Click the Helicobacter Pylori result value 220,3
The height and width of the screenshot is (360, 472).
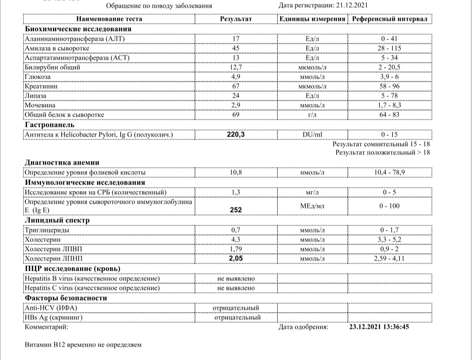236,135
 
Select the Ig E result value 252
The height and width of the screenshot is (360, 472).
236,210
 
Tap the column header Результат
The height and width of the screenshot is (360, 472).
236,20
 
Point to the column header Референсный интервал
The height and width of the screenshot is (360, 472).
390,20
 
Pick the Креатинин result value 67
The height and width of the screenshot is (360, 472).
236,86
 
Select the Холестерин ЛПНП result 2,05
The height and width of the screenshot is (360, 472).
236,259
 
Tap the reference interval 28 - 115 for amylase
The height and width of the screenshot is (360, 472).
390,48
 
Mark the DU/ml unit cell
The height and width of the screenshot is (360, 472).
312,135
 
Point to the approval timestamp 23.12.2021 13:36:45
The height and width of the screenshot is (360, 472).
380,326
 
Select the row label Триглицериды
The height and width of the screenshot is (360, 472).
47,230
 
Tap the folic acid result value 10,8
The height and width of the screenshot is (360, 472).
236,173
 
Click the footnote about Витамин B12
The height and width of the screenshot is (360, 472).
83,345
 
